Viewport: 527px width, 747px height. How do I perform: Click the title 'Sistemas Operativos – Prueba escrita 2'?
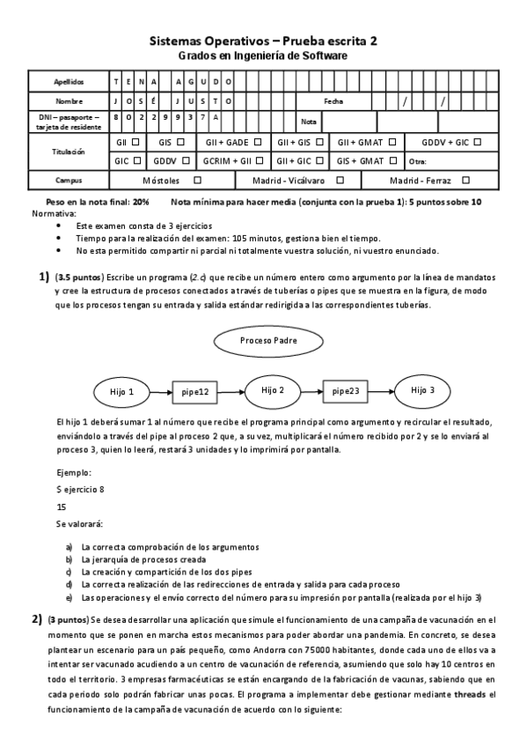coord(263,41)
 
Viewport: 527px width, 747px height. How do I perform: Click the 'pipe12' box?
coord(195,391)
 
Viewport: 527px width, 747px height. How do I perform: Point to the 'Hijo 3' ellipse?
coord(423,390)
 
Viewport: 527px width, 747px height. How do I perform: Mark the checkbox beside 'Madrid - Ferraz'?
coord(465,180)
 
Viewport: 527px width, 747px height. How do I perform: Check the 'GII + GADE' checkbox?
coord(258,142)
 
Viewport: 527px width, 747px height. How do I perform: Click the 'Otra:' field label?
coord(418,161)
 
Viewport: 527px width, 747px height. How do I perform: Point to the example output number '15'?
coord(61,507)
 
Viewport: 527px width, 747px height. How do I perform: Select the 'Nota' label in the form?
coord(309,122)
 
